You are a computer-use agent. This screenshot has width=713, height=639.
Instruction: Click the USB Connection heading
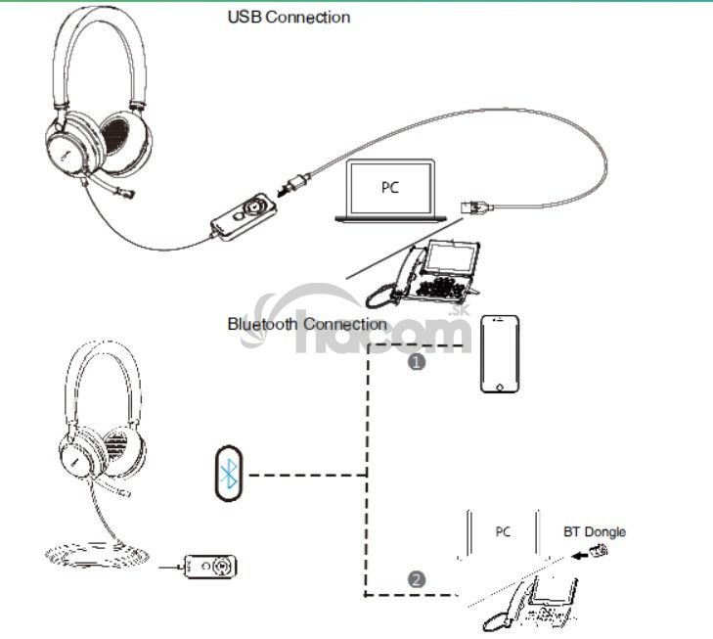289,17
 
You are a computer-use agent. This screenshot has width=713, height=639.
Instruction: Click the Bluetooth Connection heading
307,323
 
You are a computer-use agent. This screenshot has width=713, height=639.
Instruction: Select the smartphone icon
500,354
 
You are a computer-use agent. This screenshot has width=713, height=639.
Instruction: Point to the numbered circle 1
418,361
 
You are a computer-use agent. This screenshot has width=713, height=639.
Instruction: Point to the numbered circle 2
418,579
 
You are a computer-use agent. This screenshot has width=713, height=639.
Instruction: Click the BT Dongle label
594,532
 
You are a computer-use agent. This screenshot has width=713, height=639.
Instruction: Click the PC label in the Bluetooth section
503,532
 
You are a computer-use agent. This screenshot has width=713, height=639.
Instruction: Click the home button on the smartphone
500,384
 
